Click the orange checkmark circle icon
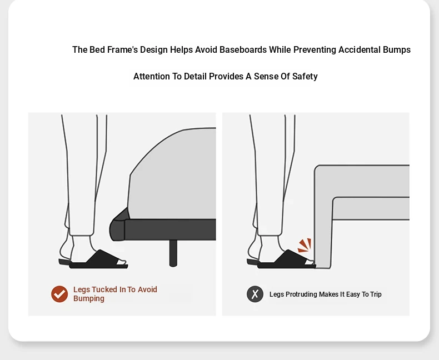coord(59,294)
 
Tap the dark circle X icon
coord(255,294)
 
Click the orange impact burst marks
coord(305,245)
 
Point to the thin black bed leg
coord(173,253)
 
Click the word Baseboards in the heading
coord(243,50)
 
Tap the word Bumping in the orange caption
coord(89,299)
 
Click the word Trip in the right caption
coord(376,294)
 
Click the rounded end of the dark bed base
coord(117,230)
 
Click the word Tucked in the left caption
coord(104,289)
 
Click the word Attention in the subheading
coord(152,77)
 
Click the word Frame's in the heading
coord(122,50)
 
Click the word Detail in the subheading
coord(195,77)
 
